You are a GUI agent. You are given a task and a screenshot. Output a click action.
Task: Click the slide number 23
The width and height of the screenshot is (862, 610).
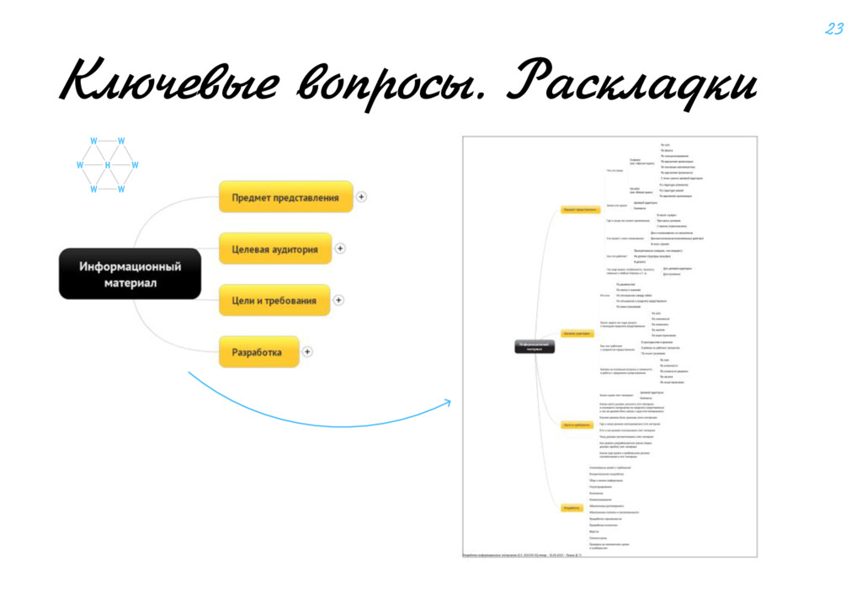[833, 29]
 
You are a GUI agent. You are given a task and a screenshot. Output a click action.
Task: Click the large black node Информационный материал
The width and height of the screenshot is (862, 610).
[130, 274]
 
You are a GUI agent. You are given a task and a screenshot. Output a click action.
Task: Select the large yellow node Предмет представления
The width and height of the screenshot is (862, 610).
[285, 197]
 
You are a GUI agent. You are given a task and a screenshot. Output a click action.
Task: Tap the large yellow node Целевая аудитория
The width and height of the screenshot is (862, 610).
[274, 249]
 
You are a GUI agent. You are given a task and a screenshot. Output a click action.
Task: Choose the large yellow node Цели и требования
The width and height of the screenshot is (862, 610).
[274, 301]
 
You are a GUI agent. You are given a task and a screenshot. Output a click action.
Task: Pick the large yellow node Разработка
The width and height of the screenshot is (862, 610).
[258, 352]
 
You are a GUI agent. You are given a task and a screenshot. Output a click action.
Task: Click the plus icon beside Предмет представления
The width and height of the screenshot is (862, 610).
[361, 197]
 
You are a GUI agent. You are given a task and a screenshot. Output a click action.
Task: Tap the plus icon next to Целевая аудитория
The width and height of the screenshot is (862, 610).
[340, 249]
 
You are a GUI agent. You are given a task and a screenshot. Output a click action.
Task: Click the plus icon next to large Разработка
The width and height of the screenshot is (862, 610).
[307, 352]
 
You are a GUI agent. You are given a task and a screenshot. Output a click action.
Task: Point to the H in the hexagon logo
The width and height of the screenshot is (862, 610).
[108, 165]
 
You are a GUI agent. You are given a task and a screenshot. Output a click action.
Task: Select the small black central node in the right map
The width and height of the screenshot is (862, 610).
[535, 347]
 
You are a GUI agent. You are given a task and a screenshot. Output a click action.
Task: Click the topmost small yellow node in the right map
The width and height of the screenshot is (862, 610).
[581, 208]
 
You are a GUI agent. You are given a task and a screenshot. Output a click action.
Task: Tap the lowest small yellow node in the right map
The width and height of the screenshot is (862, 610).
[572, 507]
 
